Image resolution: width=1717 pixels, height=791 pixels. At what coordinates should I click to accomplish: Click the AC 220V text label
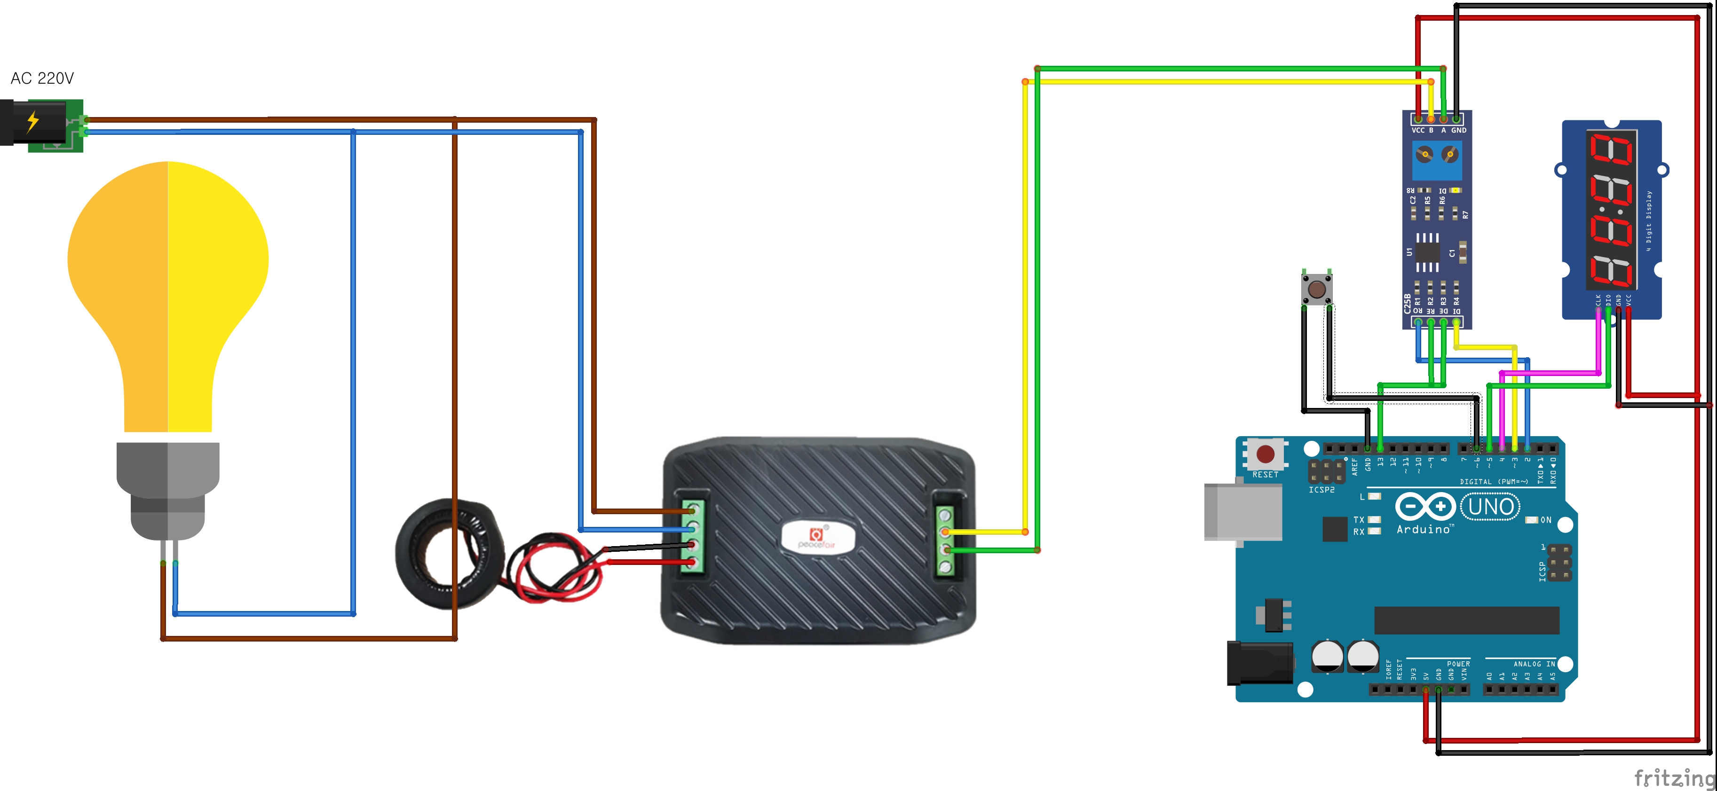(42, 78)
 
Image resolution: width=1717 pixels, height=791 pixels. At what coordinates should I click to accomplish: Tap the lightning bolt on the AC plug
(32, 122)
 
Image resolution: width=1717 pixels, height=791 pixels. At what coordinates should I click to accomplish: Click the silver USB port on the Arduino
(1242, 512)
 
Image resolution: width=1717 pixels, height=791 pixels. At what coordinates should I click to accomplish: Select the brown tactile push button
(1316, 289)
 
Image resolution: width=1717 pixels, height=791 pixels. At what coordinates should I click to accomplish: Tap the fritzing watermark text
(1674, 777)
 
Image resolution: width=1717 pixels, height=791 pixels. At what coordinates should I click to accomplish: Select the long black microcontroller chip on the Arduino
(1466, 620)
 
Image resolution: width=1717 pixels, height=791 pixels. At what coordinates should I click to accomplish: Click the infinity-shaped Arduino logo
(1426, 507)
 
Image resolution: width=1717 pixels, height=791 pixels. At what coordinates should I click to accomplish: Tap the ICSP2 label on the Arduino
(1321, 490)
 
